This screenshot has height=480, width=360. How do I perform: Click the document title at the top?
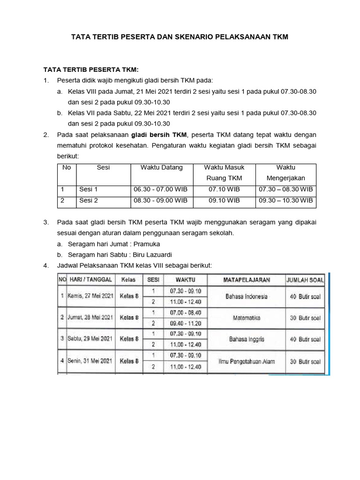179,36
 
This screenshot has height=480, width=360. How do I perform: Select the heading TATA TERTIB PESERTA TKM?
88,69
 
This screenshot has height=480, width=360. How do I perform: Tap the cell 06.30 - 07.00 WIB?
160,189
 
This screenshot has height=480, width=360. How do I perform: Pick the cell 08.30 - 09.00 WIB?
160,200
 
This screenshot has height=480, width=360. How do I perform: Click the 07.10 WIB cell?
224,189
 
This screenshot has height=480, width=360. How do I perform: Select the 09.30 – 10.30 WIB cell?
285,200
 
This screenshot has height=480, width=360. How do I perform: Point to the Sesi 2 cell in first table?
89,200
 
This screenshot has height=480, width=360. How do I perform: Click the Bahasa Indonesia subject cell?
247,297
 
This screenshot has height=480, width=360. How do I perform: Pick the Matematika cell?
247,318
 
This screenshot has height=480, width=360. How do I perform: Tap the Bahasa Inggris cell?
247,339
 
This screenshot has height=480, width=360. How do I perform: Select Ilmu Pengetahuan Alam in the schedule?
247,361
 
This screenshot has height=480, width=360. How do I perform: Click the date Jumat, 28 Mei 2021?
90,318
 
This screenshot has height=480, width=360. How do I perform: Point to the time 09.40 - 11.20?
185,323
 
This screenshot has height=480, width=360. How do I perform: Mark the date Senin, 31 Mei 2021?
90,361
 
